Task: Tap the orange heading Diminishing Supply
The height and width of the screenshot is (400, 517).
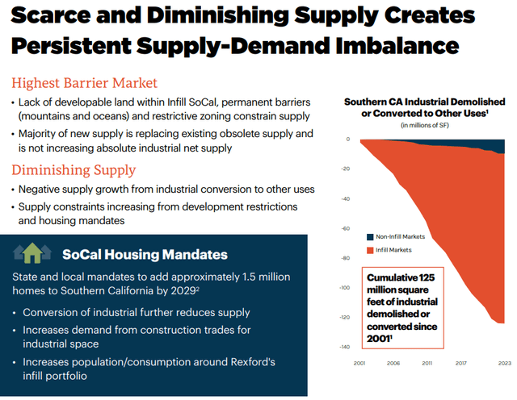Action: pos(74,170)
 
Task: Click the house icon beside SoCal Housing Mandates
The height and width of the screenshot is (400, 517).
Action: pos(34,254)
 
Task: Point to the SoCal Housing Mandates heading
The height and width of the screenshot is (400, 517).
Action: pos(145,255)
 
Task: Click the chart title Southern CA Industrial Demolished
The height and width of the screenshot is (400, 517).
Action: pos(425,102)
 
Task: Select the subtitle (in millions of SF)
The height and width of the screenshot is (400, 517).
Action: pos(426,125)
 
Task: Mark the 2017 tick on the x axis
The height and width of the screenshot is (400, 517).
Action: pos(462,364)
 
